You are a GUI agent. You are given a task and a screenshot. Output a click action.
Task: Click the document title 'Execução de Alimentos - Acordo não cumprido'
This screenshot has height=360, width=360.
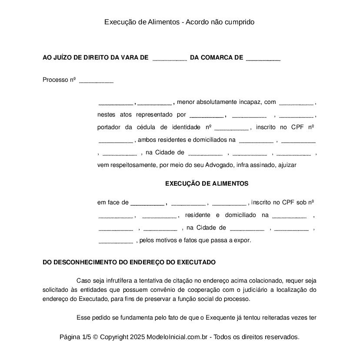tap(179, 22)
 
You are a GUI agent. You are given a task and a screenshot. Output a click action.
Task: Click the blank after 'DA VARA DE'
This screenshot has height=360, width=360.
tap(170, 58)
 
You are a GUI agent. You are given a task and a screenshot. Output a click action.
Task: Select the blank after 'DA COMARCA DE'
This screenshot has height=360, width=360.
tap(263, 58)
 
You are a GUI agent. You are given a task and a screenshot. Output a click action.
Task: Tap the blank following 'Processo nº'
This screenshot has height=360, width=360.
tap(96, 80)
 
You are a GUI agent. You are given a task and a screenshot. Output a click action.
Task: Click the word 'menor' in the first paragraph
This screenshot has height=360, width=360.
tap(186, 102)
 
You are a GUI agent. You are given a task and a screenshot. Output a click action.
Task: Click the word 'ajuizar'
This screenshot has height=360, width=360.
tap(287, 165)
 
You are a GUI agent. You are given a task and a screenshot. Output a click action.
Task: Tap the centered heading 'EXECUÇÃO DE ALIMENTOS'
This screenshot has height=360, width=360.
tap(207, 183)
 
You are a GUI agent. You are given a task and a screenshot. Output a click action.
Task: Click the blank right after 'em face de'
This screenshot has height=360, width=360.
tap(147, 203)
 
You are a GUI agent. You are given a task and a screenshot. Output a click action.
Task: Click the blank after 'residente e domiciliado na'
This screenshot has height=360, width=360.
tap(289, 216)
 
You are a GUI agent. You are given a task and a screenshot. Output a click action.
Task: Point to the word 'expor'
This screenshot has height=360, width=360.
tap(242, 240)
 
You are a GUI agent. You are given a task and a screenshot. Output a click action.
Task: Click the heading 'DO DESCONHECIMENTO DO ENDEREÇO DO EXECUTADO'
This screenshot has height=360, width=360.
tap(129, 263)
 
